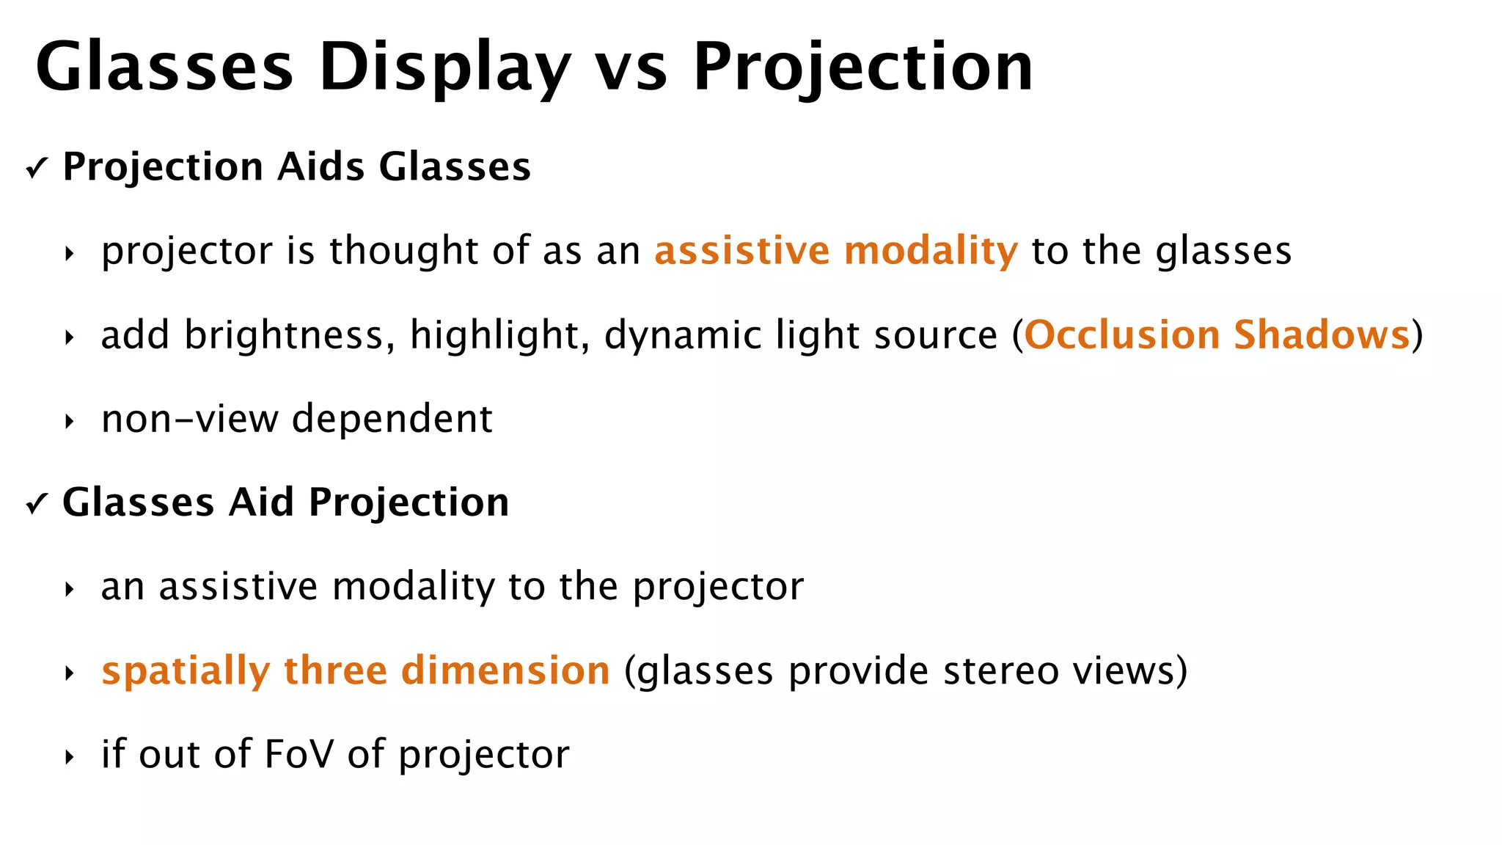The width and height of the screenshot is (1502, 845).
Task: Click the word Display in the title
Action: click(444, 67)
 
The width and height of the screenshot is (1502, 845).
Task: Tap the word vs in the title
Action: click(631, 67)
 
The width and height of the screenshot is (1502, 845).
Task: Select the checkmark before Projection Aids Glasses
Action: click(36, 169)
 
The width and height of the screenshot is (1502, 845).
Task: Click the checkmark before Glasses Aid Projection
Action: click(36, 505)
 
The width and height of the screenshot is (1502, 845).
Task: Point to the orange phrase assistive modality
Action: click(836, 251)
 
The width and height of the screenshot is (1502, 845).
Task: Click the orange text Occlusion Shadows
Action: click(1217, 335)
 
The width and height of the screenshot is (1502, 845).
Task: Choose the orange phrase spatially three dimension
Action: click(356, 671)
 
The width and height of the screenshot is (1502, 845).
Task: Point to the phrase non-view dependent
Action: click(297, 420)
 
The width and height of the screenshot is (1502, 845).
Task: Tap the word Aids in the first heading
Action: click(320, 167)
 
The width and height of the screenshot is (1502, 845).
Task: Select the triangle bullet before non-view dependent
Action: click(70, 422)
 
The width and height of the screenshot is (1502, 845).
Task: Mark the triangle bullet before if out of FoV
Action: click(70, 757)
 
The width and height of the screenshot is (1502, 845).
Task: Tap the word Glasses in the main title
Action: click(164, 67)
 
